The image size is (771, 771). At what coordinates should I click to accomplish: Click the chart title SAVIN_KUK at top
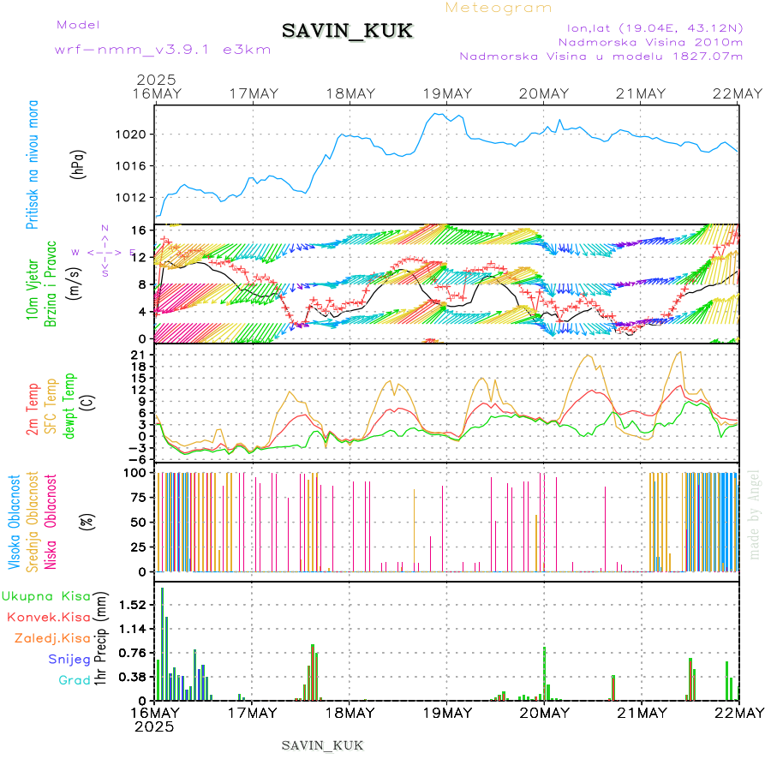pos(347,31)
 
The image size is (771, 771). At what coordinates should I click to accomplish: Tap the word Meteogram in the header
pos(499,8)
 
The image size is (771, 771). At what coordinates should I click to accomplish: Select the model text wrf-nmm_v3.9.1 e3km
pos(163,49)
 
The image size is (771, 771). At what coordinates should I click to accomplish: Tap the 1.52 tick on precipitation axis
pos(133,605)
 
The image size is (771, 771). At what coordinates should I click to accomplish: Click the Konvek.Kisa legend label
pos(48,617)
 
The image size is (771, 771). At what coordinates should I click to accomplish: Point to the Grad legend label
pos(75,680)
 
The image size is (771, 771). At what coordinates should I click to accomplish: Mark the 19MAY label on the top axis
pos(446,93)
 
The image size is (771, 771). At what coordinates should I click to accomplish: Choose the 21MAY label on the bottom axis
pos(641,713)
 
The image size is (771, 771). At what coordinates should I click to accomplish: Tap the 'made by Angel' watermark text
pos(755,513)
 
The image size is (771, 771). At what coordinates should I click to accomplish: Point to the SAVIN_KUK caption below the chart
pos(322,745)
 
